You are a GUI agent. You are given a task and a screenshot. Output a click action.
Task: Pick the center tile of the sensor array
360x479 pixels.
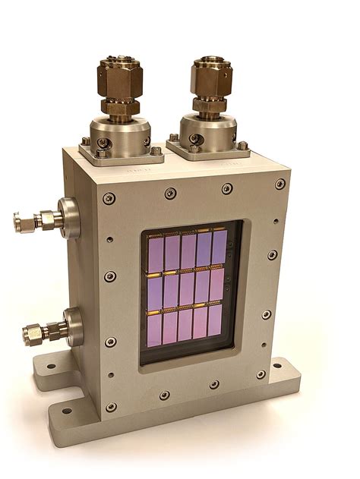click(187, 288)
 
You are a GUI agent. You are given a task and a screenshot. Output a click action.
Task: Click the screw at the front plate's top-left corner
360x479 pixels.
click(109, 198)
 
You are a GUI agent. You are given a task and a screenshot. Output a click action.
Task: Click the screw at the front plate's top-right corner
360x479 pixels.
click(280, 184)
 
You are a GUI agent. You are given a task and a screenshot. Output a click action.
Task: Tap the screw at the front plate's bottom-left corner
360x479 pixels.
click(112, 407)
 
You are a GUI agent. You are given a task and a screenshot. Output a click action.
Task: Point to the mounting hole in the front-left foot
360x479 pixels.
click(68, 411)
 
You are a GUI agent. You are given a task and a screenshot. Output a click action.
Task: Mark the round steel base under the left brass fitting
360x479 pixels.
click(121, 132)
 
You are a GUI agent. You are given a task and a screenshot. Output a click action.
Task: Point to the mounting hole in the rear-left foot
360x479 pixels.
click(49, 367)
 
